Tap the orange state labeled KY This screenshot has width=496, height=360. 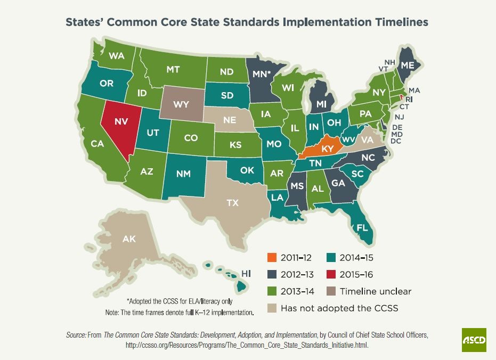click(327, 149)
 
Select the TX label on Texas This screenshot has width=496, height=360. click(232, 203)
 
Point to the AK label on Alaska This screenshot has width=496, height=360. click(129, 239)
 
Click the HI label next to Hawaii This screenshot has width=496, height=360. click(247, 273)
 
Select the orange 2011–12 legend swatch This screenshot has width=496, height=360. click(272, 258)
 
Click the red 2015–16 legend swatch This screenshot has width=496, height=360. click(331, 274)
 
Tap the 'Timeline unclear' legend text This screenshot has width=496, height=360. click(376, 291)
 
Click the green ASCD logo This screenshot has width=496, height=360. click(474, 340)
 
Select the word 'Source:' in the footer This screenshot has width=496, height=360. click(76, 335)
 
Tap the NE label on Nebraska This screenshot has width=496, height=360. click(230, 120)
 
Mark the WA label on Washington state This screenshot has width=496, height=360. click(117, 55)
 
